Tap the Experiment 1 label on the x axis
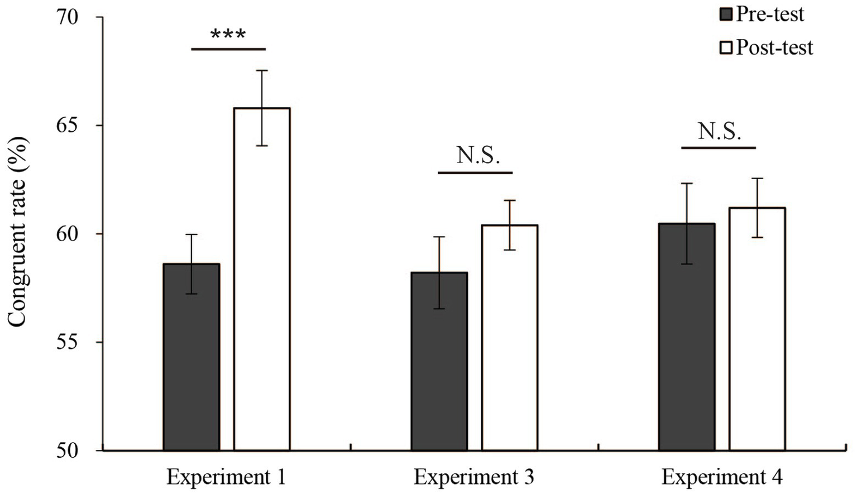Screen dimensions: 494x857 point(226,477)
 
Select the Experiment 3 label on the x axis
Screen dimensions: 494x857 point(473,477)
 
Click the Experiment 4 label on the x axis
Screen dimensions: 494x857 point(721,477)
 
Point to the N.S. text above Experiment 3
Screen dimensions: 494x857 point(478,155)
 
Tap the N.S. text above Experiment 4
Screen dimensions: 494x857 point(719,132)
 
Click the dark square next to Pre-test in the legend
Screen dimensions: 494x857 point(726,14)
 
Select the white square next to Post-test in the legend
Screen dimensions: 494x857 point(726,47)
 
